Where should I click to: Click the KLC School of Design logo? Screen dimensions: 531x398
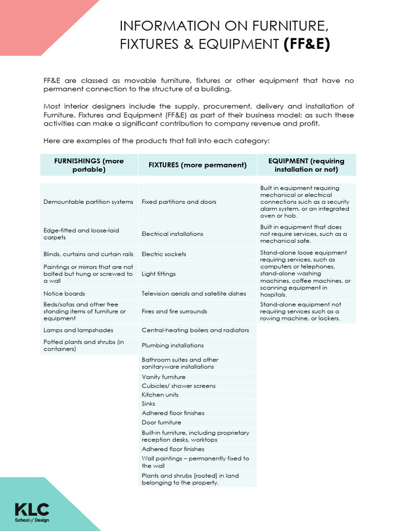click(x=32, y=512)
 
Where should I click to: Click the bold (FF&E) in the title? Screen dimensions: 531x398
click(x=306, y=45)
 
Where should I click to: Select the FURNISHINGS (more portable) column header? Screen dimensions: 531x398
click(x=89, y=165)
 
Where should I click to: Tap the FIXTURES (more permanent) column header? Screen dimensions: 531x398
click(x=197, y=165)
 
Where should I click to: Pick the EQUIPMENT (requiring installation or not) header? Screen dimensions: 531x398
click(x=306, y=165)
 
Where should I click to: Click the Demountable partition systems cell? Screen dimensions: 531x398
click(x=89, y=202)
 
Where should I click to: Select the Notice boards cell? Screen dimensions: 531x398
click(x=64, y=294)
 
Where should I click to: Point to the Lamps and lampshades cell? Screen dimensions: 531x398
click(x=78, y=330)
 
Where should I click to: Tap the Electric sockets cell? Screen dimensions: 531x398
click(x=164, y=254)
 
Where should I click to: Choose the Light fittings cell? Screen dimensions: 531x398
click(x=159, y=274)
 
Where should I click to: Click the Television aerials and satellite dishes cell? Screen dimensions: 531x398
click(x=194, y=294)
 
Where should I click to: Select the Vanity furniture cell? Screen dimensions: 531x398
click(x=164, y=377)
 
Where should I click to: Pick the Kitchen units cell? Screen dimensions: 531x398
click(x=160, y=395)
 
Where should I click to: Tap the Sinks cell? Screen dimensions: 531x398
click(x=149, y=403)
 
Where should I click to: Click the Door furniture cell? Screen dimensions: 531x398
click(x=162, y=422)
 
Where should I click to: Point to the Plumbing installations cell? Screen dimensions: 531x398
click(x=173, y=345)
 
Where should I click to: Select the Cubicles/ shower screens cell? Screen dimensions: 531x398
click(x=178, y=386)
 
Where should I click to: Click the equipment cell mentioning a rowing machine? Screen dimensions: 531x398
click(x=306, y=312)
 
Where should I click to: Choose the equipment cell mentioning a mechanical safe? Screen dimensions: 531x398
click(x=306, y=234)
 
